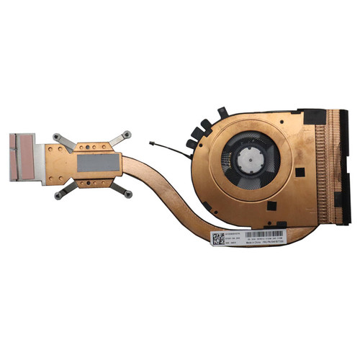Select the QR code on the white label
[x=221, y=237]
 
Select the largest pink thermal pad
[x=20, y=164]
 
